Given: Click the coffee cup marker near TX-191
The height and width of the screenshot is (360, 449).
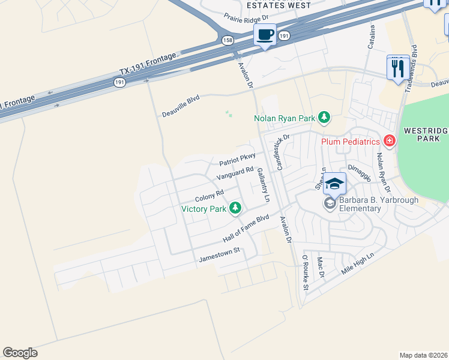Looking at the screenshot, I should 265,34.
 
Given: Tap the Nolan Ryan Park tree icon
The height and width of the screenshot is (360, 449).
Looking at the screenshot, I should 324,117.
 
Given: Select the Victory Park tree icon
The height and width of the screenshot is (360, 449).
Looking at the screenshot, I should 236,208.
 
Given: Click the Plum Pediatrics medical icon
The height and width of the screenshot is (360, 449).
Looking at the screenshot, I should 390,141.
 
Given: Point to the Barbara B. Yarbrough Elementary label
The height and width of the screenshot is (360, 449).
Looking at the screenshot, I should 360,205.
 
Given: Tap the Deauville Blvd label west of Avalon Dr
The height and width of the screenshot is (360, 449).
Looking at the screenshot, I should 181,106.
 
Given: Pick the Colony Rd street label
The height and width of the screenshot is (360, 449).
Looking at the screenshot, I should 209,196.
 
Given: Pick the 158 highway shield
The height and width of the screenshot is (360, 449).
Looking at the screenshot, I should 228,40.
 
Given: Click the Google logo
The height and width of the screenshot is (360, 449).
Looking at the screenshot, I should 20,353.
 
